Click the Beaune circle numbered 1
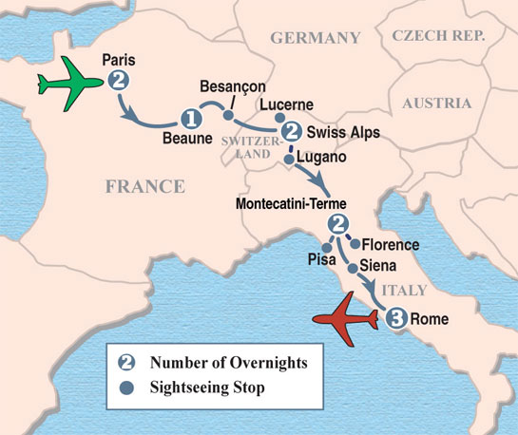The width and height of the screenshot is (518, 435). point(190,119)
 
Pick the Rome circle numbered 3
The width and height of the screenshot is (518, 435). point(397,319)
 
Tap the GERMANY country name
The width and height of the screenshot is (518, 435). point(316,38)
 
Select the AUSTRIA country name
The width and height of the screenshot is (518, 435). point(436,103)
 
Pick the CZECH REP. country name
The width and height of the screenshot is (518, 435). point(436,36)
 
